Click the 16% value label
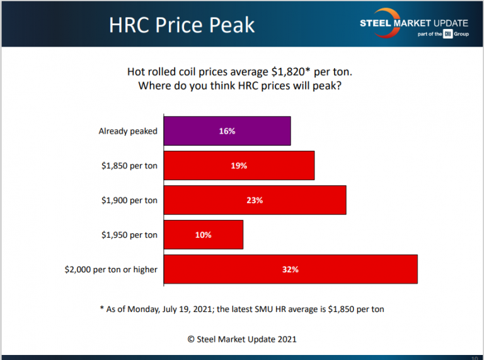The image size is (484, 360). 227,131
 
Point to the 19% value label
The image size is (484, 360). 239,166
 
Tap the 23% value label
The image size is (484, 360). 255,200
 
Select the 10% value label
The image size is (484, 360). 204,235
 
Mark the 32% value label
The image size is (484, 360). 291,269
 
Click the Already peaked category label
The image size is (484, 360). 128,131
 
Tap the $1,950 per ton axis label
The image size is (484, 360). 129,235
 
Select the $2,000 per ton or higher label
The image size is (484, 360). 111,269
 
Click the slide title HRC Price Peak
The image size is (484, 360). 181,25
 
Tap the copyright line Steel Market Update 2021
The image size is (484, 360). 242,339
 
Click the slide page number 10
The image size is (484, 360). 474,357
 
